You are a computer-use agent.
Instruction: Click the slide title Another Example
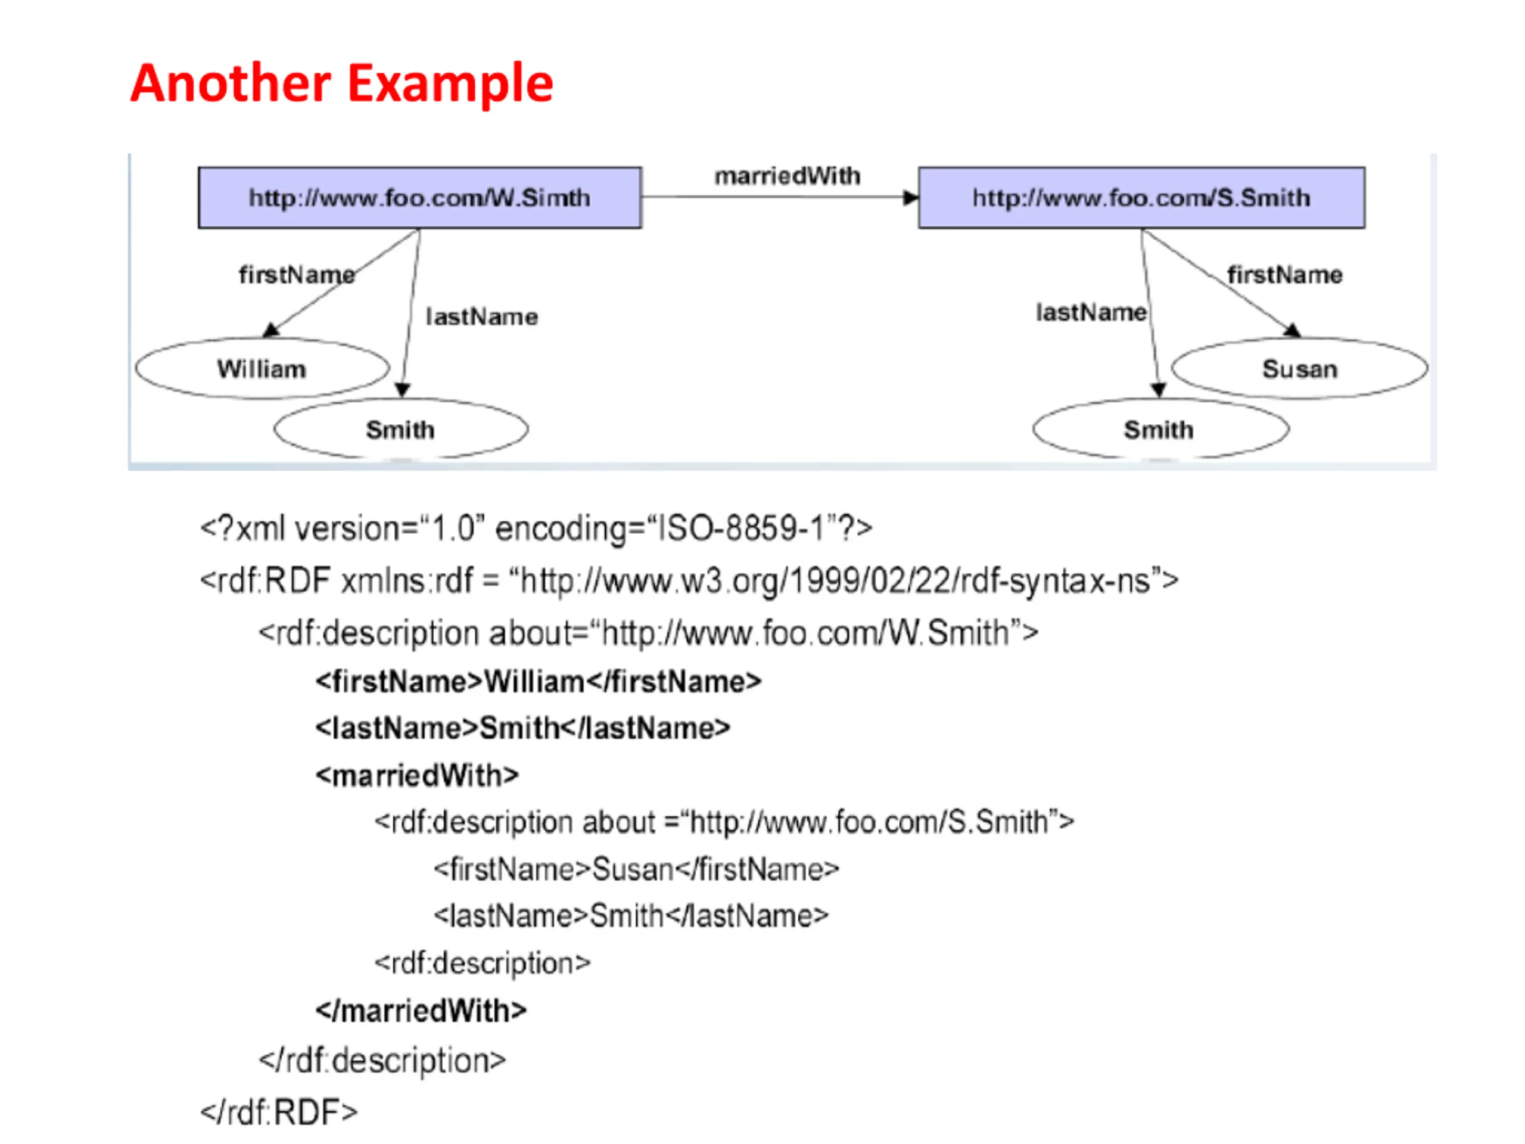(341, 83)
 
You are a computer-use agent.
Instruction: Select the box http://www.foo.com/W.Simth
(420, 197)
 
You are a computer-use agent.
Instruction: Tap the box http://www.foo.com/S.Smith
(1142, 197)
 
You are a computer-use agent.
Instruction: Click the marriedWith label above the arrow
(788, 176)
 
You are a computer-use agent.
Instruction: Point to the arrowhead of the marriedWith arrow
(911, 198)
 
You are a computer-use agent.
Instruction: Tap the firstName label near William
(297, 275)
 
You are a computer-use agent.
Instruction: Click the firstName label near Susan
(1285, 275)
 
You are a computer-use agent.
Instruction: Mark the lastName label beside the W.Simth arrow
(482, 316)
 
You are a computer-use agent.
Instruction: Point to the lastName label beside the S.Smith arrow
(1091, 312)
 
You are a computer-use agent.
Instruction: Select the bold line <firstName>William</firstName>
(539, 681)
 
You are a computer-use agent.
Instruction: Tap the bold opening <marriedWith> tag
(417, 775)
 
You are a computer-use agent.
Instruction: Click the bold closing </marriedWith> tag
(421, 1010)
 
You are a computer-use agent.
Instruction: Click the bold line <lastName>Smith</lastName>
(522, 728)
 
